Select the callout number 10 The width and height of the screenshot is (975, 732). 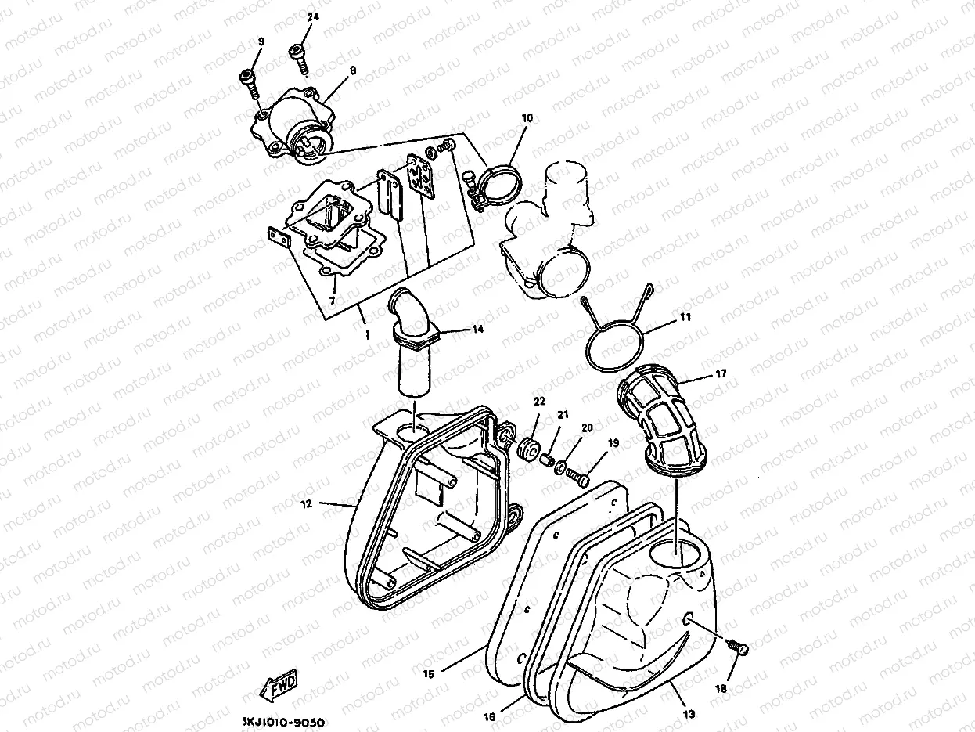[x=527, y=118]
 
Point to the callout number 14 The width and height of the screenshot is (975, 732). [x=477, y=330]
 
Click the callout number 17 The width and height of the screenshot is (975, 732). [x=721, y=374]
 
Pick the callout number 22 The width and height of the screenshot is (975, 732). [x=539, y=402]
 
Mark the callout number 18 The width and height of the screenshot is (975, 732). [x=721, y=689]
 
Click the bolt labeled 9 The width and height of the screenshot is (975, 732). [x=250, y=82]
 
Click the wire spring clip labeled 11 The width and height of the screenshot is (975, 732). [x=618, y=333]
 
